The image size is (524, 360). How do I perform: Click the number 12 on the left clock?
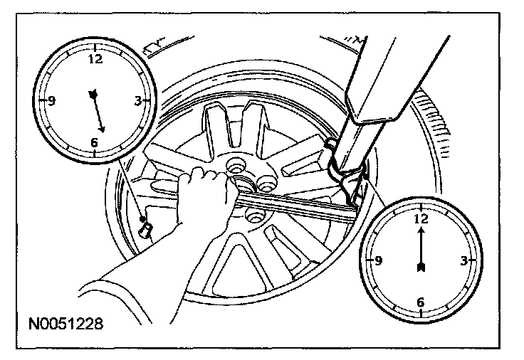[x=93, y=59]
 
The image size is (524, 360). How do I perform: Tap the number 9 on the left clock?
[x=52, y=100]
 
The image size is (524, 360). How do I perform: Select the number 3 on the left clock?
[x=137, y=101]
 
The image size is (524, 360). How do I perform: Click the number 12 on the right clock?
[x=421, y=218]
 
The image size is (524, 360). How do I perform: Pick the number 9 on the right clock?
[x=379, y=260]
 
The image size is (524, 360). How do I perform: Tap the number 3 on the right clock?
[x=463, y=261]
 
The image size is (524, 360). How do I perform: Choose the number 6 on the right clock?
[x=420, y=302]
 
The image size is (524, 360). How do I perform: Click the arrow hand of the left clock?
[x=98, y=111]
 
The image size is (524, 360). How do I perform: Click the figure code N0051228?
[x=65, y=324]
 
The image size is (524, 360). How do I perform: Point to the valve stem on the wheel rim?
[x=147, y=228]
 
